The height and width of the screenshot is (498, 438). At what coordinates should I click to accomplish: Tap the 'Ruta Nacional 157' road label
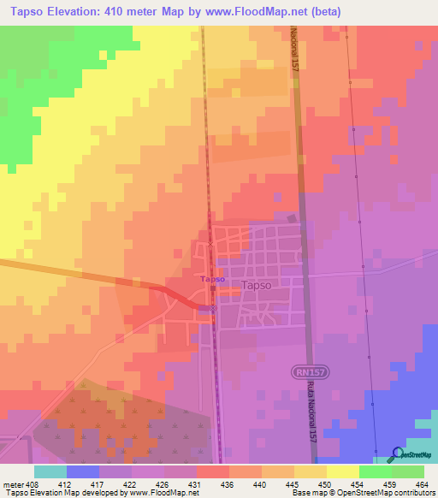314,409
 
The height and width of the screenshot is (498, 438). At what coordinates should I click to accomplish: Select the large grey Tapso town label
257,287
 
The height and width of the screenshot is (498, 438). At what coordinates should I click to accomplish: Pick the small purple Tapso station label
212,279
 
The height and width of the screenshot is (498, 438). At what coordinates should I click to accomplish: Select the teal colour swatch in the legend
50,471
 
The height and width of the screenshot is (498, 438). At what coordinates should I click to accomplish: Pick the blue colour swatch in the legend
82,471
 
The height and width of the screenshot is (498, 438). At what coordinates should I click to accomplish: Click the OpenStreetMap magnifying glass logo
396,454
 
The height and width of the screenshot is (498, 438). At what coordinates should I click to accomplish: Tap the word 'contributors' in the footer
412,494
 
